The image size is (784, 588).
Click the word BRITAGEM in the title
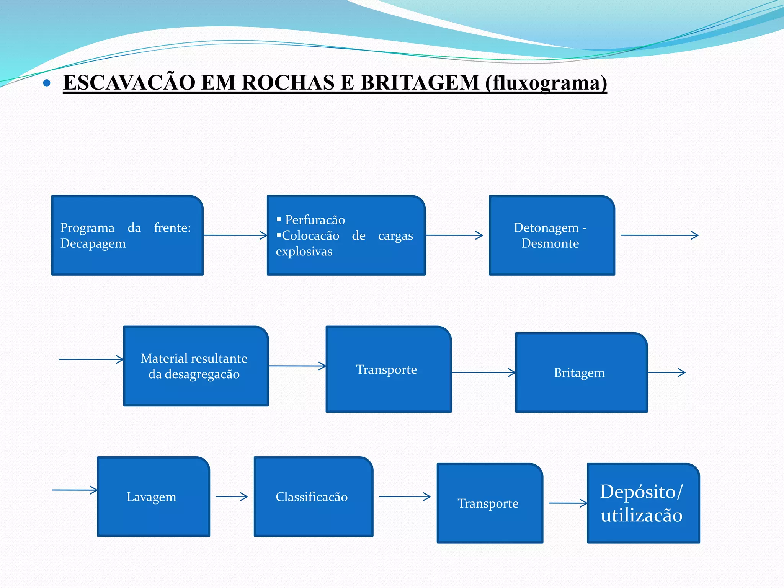[420, 83]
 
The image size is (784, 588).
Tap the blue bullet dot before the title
[47, 83]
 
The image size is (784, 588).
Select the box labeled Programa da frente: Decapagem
[127, 235]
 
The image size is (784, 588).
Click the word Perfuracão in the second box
[315, 220]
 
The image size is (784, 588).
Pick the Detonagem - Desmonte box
[552, 235]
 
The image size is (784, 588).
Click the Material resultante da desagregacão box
[196, 366]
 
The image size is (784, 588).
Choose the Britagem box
[581, 372]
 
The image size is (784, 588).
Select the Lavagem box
[153, 497]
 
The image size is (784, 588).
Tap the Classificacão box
[313, 497]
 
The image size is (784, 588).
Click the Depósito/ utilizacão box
[643, 503]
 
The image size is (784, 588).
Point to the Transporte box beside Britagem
[388, 369]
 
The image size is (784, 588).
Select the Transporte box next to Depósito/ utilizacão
[490, 503]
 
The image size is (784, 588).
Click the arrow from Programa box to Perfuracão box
[235, 235]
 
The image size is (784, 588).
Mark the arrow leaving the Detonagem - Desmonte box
[659, 235]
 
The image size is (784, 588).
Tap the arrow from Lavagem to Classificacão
[232, 497]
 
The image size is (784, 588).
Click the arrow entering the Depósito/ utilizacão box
[568, 503]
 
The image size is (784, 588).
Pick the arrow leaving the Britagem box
[666, 372]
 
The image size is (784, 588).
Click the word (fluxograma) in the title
[546, 83]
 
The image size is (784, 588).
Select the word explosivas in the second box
[304, 252]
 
